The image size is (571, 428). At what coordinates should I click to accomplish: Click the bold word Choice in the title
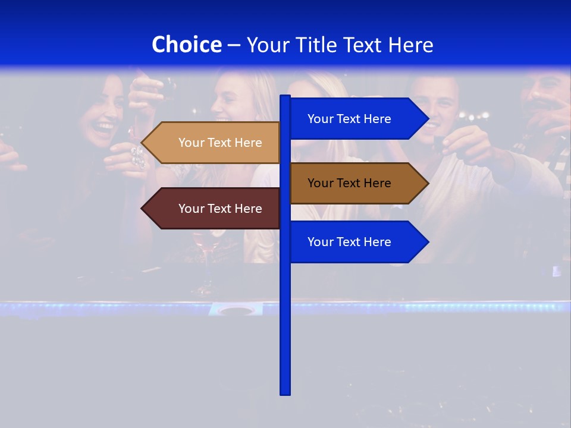click(x=186, y=45)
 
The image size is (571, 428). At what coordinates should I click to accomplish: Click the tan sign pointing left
click(x=214, y=143)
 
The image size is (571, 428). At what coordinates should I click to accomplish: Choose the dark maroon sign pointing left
click(x=214, y=209)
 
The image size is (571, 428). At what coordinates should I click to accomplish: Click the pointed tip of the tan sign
click(x=143, y=143)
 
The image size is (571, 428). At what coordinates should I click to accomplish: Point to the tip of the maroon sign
click(x=143, y=209)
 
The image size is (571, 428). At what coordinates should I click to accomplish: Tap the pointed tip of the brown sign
click(x=428, y=183)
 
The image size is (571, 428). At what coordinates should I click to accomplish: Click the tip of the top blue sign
click(x=428, y=119)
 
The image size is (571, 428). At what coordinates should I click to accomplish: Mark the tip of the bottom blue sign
click(x=428, y=242)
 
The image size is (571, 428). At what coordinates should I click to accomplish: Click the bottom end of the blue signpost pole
click(x=285, y=393)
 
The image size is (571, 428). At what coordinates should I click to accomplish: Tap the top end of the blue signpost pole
click(x=285, y=97)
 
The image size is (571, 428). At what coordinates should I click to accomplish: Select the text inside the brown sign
click(x=349, y=183)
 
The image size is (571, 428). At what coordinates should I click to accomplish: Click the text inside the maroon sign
click(x=220, y=209)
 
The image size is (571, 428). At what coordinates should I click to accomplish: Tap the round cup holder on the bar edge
click(x=236, y=309)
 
